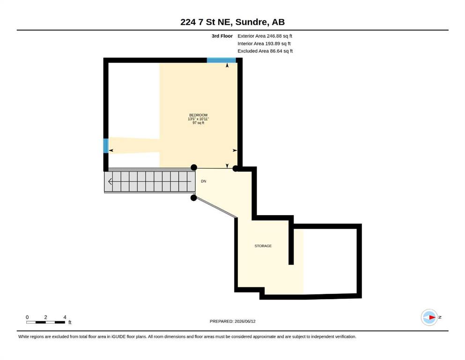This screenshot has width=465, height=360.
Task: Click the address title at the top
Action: pyautogui.click(x=232, y=22)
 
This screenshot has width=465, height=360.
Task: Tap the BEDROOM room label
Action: pyautogui.click(x=199, y=115)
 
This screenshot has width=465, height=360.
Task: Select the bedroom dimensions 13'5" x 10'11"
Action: pyautogui.click(x=199, y=119)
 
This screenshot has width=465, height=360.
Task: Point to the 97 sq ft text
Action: pyautogui.click(x=199, y=123)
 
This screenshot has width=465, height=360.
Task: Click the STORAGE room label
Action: pyautogui.click(x=263, y=246)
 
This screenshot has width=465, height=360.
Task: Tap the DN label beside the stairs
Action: pyautogui.click(x=203, y=181)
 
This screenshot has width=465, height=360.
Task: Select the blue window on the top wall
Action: pyautogui.click(x=221, y=60)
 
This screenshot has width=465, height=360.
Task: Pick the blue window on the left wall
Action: pyautogui.click(x=106, y=146)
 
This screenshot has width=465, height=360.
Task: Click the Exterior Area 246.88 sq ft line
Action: pyautogui.click(x=265, y=36)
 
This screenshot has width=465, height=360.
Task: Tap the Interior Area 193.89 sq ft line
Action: pyautogui.click(x=264, y=44)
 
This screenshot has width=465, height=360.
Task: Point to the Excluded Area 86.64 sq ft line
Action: pyautogui.click(x=265, y=51)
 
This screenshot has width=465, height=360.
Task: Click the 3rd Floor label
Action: pyautogui.click(x=222, y=36)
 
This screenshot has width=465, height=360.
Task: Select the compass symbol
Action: pyautogui.click(x=429, y=317)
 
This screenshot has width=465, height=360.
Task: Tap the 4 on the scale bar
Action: pyautogui.click(x=65, y=317)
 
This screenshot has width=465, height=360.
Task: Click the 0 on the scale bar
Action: pyautogui.click(x=27, y=317)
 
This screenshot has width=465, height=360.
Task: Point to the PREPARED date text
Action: pyautogui.click(x=232, y=322)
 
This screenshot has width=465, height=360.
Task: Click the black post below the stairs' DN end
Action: pyautogui.click(x=194, y=198)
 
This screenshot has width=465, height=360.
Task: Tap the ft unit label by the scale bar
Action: pyautogui.click(x=70, y=322)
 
